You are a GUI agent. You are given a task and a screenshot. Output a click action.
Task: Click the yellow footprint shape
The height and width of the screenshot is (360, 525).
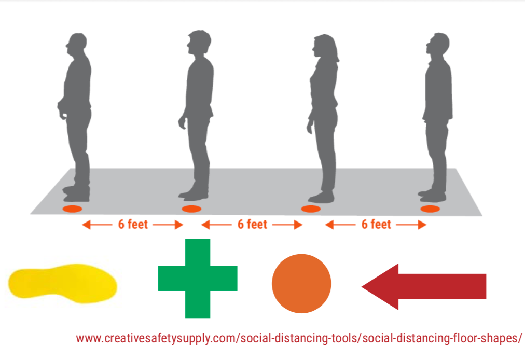click(63, 283)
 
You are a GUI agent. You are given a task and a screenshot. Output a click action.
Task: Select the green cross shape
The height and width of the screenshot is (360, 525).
click(198, 278)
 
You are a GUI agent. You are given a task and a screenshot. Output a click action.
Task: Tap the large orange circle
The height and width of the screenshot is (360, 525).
click(301, 284)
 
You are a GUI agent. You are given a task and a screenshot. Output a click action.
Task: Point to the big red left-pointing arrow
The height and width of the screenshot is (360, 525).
click(424, 287)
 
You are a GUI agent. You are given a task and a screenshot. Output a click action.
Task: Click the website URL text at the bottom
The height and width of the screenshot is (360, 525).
click(299, 338)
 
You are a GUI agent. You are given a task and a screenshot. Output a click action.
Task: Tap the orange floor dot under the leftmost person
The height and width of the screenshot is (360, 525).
click(72, 209)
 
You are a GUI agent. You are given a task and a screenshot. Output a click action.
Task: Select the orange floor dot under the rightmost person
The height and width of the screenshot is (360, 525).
click(430, 209)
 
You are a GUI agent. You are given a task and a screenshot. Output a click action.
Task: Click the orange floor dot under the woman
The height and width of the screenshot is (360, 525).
click(311, 209)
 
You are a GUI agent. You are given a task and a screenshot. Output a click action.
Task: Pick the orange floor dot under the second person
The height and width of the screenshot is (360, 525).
click(191, 209)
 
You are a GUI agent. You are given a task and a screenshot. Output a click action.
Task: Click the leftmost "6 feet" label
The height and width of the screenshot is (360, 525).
click(133, 225)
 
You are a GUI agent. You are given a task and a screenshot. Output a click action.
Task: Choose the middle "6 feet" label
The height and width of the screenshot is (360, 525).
click(253, 225)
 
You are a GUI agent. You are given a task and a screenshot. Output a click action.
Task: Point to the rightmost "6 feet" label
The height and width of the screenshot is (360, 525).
click(376, 225)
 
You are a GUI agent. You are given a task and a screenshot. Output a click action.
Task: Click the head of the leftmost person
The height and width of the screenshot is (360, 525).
click(77, 44)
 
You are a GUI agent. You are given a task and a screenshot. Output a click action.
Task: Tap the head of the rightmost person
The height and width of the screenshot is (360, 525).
click(438, 44)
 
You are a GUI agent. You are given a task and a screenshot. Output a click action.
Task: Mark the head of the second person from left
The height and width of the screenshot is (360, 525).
click(199, 42)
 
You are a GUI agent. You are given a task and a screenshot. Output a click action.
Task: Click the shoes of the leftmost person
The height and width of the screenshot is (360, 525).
click(76, 194)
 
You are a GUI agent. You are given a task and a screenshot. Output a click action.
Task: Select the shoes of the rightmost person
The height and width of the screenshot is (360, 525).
click(432, 196)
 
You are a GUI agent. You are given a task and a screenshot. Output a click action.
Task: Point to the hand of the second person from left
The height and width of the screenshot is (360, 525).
click(182, 122)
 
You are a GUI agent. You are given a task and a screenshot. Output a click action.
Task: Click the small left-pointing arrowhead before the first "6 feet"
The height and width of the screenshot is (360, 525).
click(87, 225)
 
